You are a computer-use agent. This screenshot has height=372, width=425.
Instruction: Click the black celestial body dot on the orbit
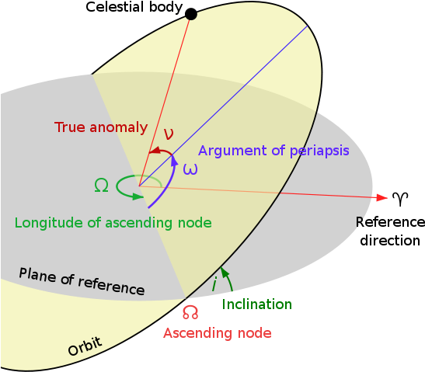[191, 14]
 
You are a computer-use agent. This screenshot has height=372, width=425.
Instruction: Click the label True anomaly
[101, 127]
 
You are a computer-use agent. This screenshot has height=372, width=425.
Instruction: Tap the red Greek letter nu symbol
[168, 133]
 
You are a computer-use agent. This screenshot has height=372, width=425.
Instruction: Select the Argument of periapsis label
[273, 151]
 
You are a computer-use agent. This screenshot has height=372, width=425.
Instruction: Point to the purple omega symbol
[190, 169]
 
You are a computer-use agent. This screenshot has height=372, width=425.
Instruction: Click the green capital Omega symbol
[101, 185]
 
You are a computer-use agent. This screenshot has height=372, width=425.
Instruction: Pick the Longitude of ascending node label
[113, 223]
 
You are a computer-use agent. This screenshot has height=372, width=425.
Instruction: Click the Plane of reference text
[82, 281]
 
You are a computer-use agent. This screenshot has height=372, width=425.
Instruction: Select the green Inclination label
[257, 304]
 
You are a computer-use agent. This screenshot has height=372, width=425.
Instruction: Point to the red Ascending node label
[218, 333]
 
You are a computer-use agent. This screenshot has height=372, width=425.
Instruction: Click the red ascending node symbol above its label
[190, 312]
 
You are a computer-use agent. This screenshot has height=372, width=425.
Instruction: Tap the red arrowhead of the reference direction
[381, 198]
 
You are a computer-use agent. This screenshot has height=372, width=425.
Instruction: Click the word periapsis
[316, 151]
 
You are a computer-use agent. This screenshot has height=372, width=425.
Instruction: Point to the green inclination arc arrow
[227, 280]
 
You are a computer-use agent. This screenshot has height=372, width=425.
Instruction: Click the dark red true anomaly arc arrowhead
[154, 151]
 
